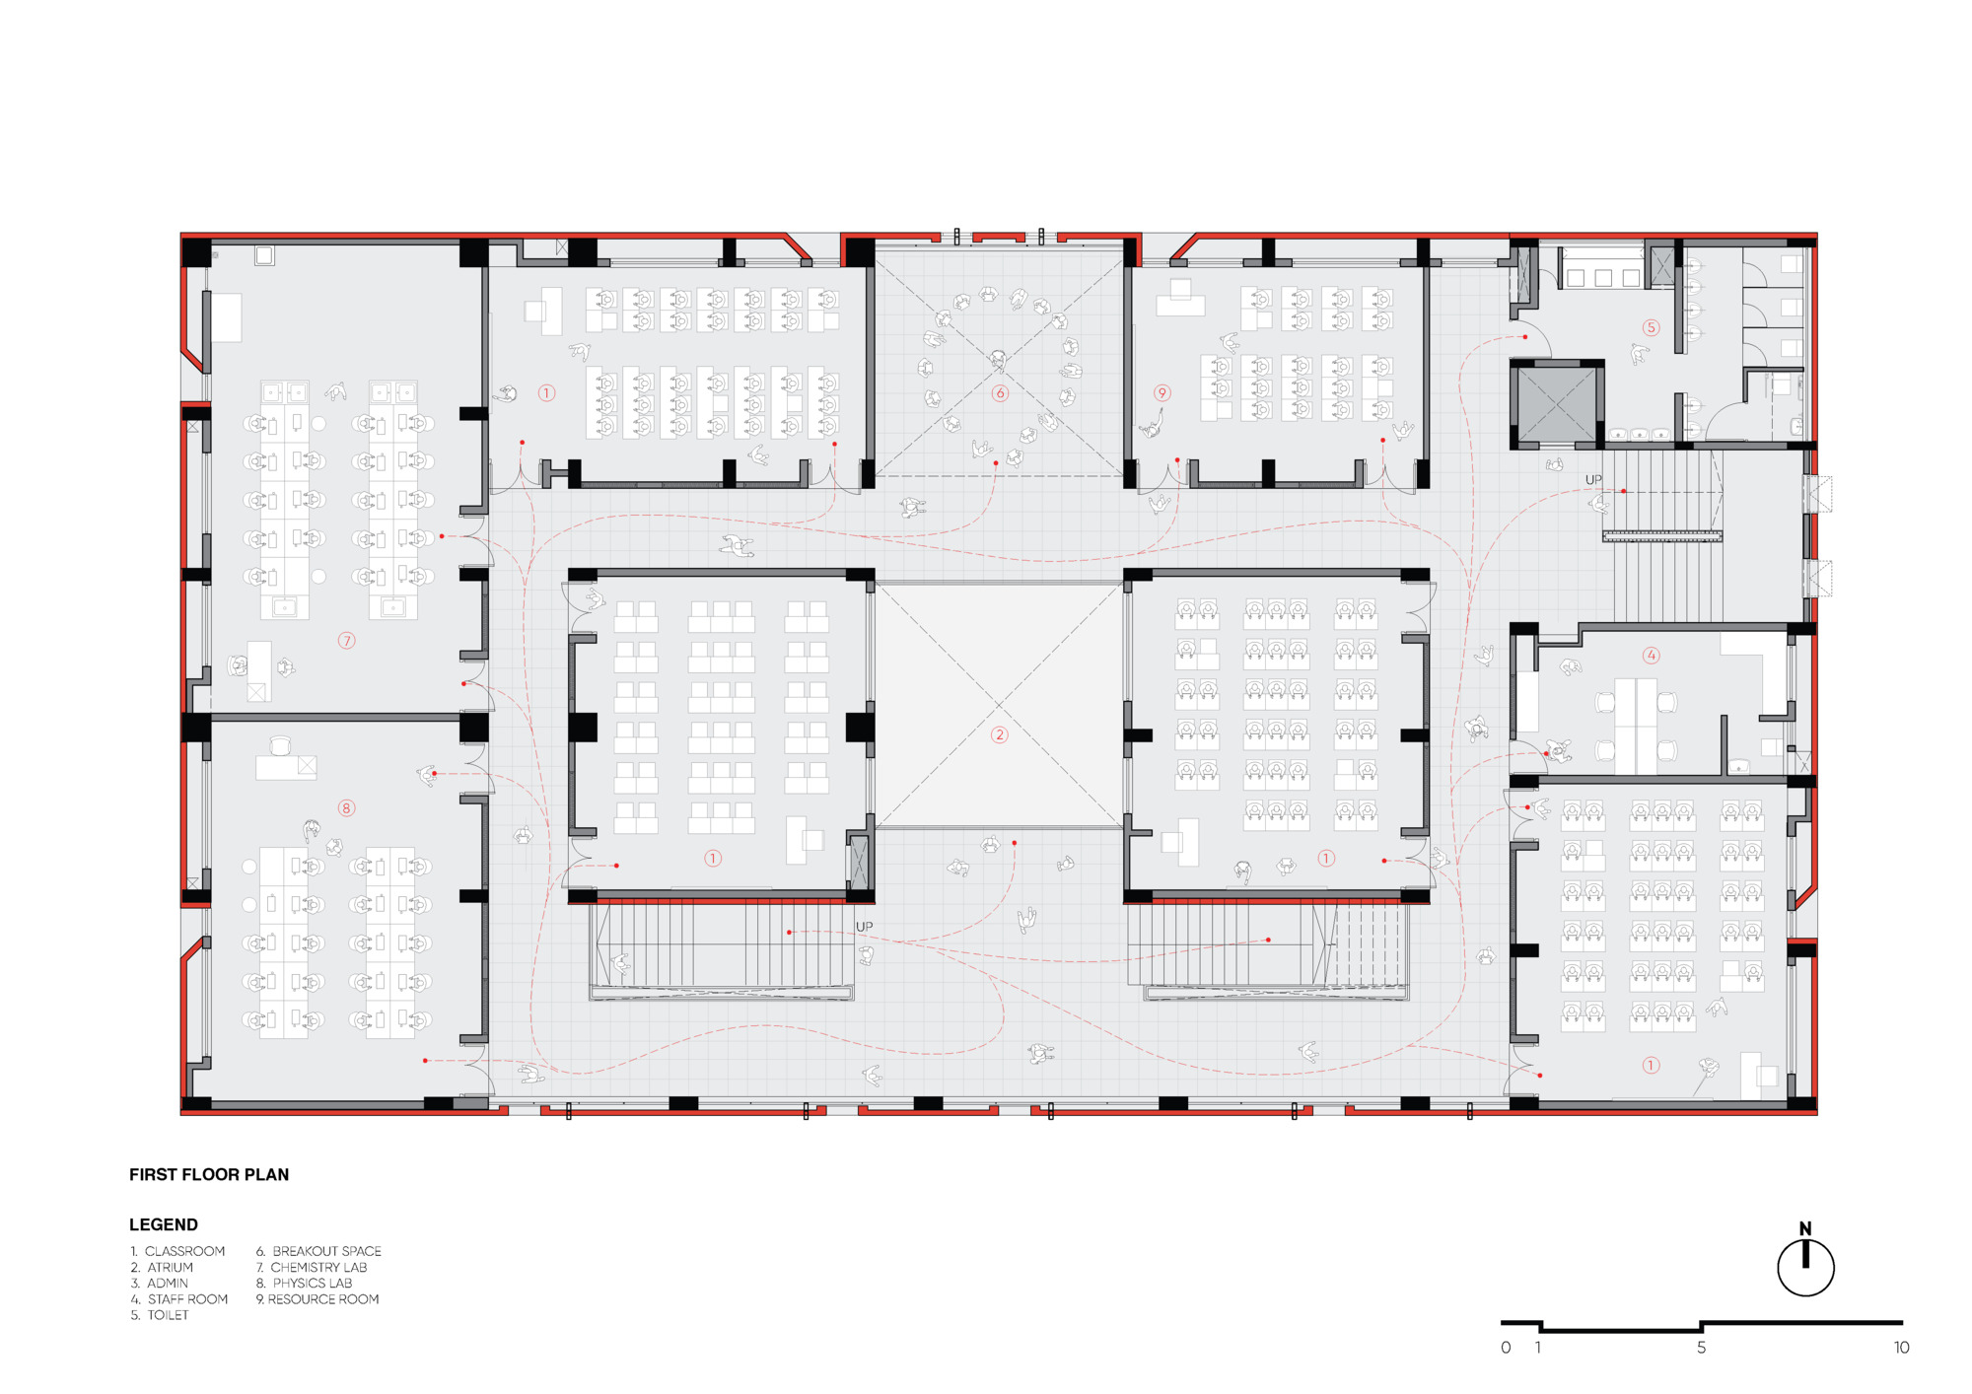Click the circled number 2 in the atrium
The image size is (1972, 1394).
tap(999, 734)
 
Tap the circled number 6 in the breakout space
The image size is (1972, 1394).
tap(1000, 393)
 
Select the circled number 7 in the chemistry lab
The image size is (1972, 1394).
tap(346, 641)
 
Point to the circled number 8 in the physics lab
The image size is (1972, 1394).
tap(346, 808)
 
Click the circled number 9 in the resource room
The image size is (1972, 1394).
tap(1162, 393)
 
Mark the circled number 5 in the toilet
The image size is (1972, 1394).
tap(1651, 327)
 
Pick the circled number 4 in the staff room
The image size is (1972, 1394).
tap(1651, 655)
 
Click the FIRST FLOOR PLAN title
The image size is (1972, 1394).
tap(209, 1174)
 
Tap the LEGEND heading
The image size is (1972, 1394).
tap(164, 1224)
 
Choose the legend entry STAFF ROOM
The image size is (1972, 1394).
tap(186, 1299)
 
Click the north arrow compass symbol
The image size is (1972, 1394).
tap(1805, 1267)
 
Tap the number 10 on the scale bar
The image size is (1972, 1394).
tap(1901, 1348)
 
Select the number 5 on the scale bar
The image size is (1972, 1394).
tap(1701, 1348)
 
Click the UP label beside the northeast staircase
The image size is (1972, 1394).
tap(1593, 480)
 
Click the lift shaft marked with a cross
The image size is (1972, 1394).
tap(1556, 404)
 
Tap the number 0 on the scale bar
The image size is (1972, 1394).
tap(1506, 1348)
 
